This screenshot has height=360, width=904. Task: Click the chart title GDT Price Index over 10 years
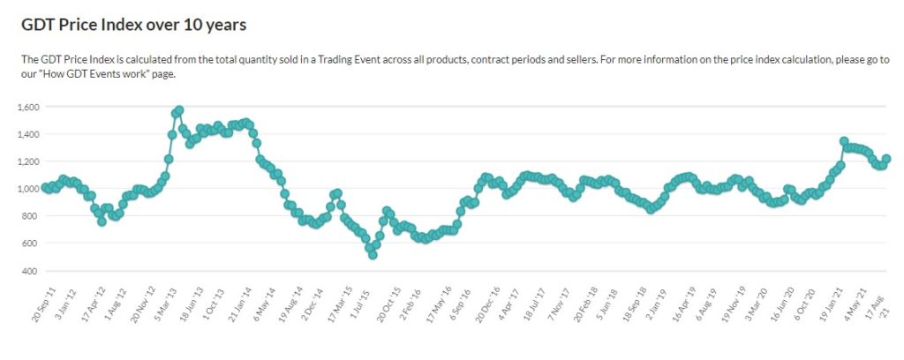[133, 24]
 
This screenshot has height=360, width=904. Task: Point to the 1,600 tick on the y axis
[29, 107]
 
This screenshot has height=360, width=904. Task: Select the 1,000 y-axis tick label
[29, 189]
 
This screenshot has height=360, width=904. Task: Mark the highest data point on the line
[178, 110]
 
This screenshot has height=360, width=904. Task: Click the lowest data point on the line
[373, 254]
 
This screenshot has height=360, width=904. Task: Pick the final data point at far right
[886, 159]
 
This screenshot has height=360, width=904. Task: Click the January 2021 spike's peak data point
[844, 141]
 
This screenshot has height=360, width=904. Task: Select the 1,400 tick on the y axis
[29, 134]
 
